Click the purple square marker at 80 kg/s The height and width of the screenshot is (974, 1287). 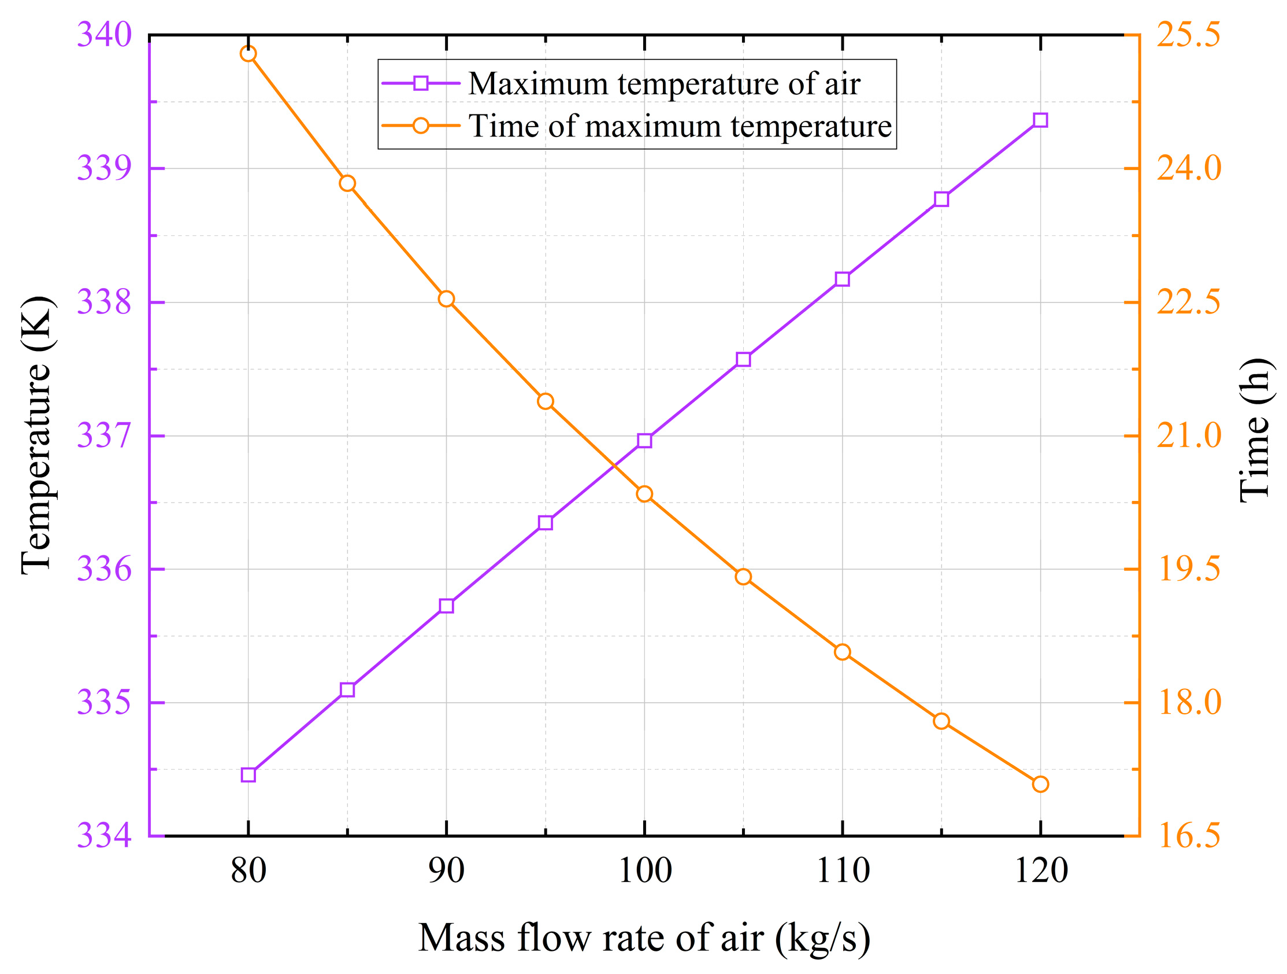[249, 775]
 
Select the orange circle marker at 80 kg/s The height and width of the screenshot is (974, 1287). [249, 54]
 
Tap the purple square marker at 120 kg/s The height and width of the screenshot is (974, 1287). [1040, 120]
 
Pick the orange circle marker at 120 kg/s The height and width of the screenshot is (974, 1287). [1040, 784]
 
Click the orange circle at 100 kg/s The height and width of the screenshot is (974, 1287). [644, 495]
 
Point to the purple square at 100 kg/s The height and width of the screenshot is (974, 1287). [644, 441]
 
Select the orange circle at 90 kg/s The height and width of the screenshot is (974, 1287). [446, 299]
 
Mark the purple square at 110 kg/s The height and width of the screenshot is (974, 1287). [843, 279]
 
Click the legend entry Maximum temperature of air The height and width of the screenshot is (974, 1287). [664, 84]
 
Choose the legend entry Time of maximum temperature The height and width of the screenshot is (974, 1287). [680, 126]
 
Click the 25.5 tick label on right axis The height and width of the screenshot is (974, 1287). [1188, 35]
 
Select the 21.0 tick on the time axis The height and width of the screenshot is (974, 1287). [1188, 436]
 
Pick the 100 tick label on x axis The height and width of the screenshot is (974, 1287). [644, 872]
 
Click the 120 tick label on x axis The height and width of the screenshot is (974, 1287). [1040, 872]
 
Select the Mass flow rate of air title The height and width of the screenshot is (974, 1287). [644, 938]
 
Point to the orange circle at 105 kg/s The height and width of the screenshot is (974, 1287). [743, 577]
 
